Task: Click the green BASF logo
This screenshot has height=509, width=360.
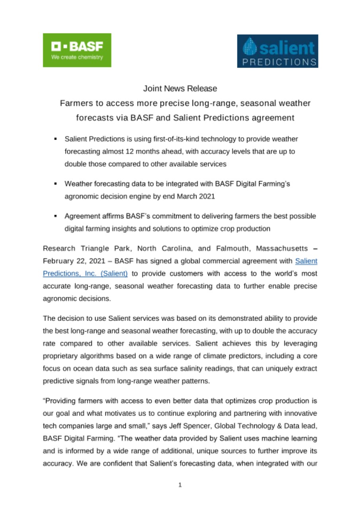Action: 77,50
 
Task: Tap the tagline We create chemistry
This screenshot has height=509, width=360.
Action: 77,57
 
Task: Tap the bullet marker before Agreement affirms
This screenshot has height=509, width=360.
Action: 56,217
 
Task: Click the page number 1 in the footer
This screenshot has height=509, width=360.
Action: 180,485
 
